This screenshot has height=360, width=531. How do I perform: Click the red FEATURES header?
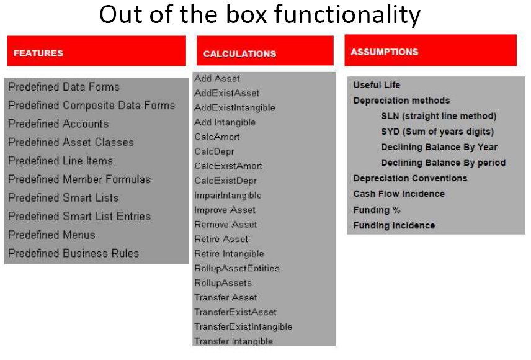[97, 51]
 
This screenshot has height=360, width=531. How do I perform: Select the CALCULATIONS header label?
[240, 54]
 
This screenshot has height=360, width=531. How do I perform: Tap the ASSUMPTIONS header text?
[385, 52]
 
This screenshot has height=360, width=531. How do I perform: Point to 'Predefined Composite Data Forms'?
[91, 106]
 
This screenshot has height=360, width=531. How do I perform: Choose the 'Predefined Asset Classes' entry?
[71, 142]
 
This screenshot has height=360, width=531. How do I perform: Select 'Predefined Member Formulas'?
[79, 179]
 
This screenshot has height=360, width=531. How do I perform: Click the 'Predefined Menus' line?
[51, 235]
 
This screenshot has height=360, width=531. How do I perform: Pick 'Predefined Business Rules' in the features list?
[73, 254]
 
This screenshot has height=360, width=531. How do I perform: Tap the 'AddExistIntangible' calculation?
[234, 108]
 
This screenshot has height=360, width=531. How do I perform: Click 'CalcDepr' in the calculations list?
[214, 151]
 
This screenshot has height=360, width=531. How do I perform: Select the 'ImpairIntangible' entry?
[228, 196]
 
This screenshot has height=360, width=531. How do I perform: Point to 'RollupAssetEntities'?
[237, 268]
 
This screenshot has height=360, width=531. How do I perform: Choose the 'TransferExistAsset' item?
[235, 312]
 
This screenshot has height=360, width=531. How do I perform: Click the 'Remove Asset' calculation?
[226, 225]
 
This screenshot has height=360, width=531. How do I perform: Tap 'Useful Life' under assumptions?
[377, 85]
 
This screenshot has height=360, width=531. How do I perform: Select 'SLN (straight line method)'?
[439, 116]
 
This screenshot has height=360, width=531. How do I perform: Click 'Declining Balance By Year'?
[439, 147]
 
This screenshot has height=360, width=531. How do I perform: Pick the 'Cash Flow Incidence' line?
[399, 194]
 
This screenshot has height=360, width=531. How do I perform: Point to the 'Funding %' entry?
[377, 210]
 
